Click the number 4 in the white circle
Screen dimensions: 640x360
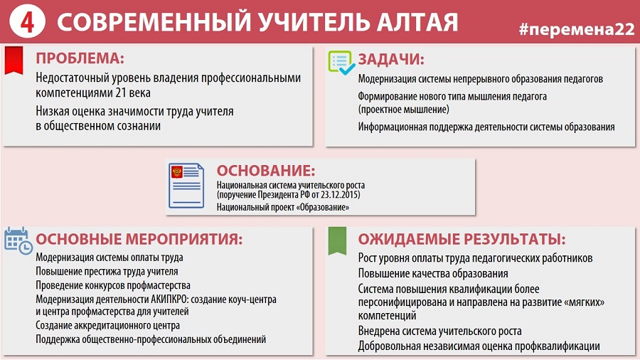(27, 22)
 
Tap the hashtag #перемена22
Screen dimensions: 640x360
(577, 29)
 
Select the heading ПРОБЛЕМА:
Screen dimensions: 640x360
(80, 58)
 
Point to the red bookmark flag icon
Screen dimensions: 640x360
(14, 60)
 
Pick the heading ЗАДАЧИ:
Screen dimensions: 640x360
(391, 60)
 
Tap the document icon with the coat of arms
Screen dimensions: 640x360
(186, 186)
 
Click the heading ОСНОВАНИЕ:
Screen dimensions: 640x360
(266, 171)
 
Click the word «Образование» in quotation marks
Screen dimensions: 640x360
(322, 207)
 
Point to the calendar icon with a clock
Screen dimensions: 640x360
(18, 240)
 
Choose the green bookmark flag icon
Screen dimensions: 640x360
(337, 240)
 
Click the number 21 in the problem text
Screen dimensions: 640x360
(121, 93)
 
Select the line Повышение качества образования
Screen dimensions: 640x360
(433, 273)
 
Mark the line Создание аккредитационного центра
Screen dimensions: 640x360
(108, 326)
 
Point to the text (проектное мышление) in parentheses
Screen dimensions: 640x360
(404, 110)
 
